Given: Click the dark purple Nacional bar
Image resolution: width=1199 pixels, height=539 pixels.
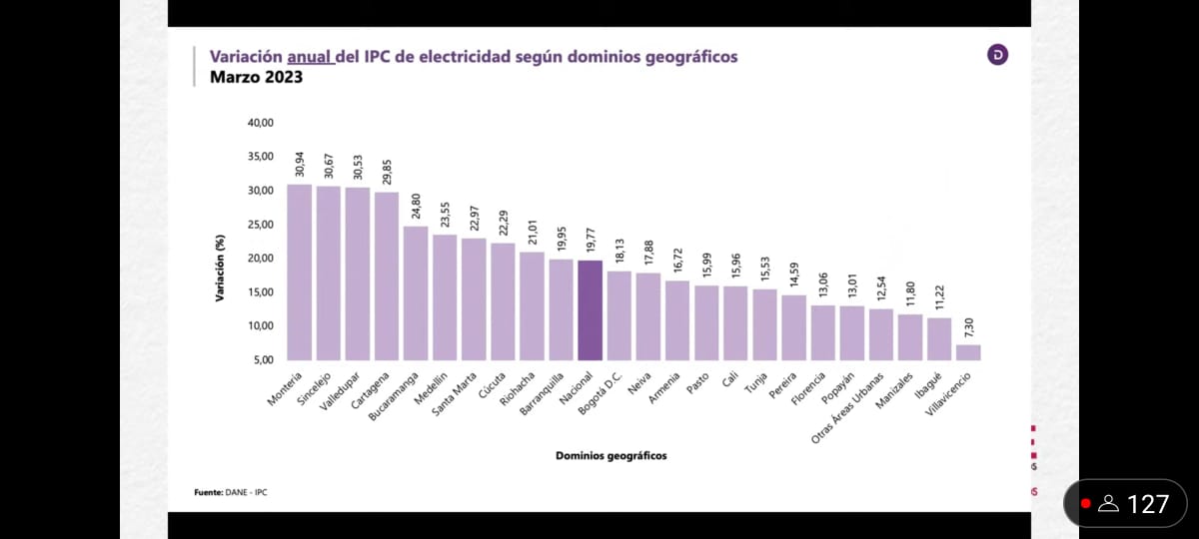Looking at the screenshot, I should point(590,309).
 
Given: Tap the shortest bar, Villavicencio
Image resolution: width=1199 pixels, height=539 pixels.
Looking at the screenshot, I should point(968,351).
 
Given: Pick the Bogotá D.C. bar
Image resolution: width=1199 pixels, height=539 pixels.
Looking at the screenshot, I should point(619,314).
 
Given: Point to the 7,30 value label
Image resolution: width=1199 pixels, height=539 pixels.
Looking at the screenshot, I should point(969,327).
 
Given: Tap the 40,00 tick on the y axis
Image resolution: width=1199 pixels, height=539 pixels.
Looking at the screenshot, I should point(260,123).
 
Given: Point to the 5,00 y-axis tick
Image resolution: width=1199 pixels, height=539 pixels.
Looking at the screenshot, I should point(262,359).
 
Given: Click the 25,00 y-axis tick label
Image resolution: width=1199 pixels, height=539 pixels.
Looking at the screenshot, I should point(260,225).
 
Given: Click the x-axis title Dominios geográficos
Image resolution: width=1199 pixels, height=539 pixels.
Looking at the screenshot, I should point(610,456).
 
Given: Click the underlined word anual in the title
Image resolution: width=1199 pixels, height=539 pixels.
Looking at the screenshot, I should point(310,57).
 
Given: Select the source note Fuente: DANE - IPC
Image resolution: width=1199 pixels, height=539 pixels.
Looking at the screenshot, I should point(231,492).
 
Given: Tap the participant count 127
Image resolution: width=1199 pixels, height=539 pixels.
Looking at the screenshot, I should point(1147,504).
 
